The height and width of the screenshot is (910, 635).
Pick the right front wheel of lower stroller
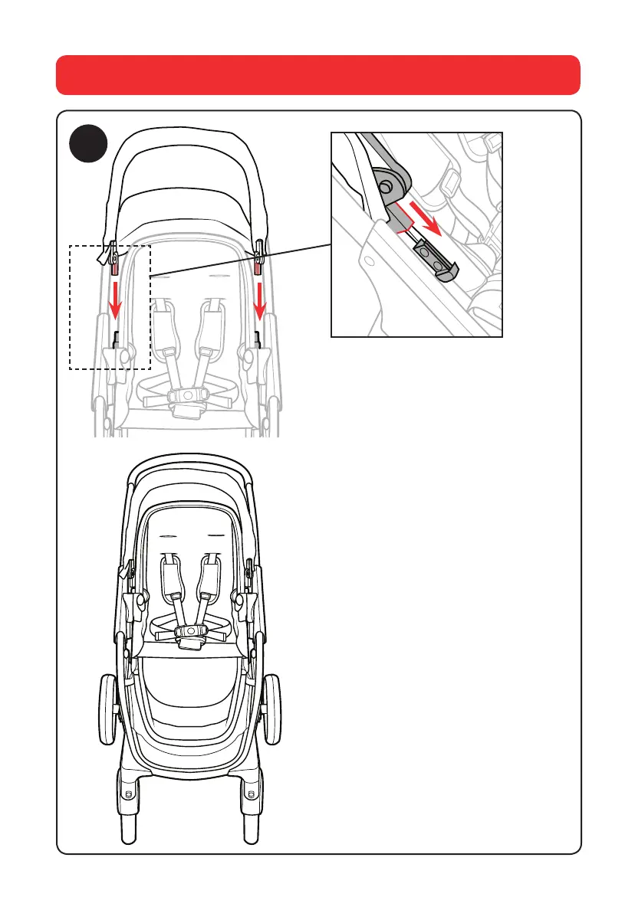click(253, 835)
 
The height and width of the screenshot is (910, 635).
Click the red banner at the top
click(317, 74)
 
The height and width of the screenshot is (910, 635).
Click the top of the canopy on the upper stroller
click(188, 138)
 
